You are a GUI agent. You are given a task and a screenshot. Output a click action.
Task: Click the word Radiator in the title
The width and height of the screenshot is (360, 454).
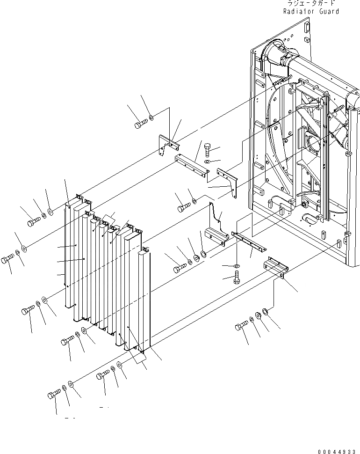(x=299, y=11)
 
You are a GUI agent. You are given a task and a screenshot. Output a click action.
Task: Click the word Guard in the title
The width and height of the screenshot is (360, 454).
(x=329, y=11)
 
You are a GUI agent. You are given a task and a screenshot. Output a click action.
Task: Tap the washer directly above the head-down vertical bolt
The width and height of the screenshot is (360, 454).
(x=237, y=266)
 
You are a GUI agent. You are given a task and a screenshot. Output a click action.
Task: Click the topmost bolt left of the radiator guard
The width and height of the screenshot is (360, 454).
(x=141, y=124)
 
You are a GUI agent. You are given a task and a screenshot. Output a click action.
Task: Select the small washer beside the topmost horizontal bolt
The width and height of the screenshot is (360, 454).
(x=151, y=118)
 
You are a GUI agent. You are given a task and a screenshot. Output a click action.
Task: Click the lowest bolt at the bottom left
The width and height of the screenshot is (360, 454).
(x=54, y=395)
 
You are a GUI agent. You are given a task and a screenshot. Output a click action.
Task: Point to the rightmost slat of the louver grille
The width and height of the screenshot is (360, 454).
(x=144, y=300)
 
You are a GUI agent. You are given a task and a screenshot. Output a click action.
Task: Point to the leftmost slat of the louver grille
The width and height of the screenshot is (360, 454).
(x=69, y=253)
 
